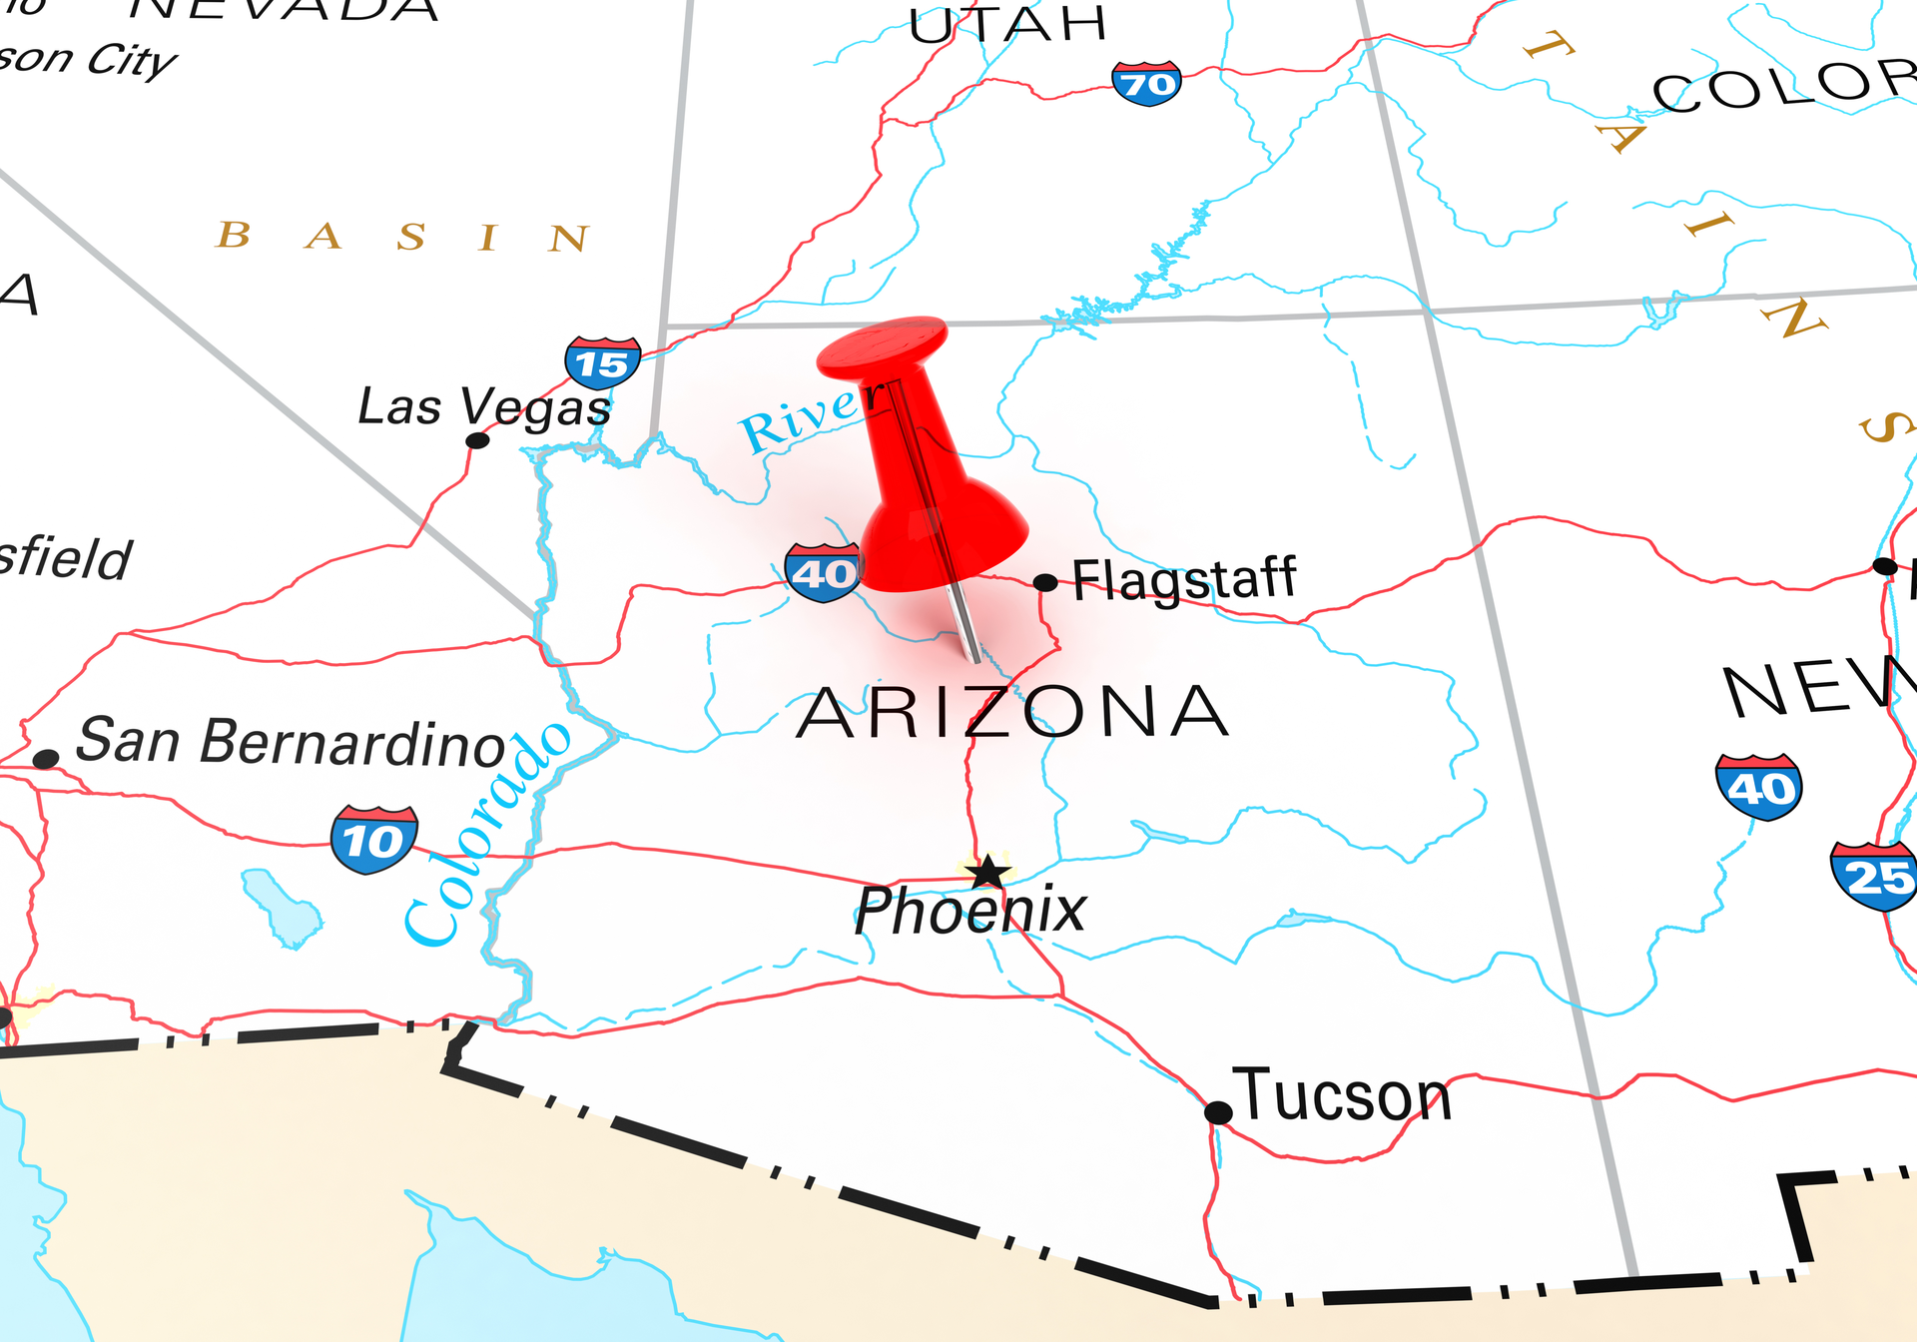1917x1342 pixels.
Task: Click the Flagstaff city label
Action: tap(1184, 580)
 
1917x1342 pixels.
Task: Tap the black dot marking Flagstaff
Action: tap(1044, 582)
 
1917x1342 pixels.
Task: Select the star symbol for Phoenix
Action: tap(988, 872)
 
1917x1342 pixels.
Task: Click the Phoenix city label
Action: tap(970, 910)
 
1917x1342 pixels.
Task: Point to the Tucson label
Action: tap(1343, 1096)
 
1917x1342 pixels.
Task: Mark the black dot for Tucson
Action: tap(1218, 1112)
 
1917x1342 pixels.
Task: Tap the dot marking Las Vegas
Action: tap(478, 440)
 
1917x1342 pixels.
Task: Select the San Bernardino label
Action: tap(291, 742)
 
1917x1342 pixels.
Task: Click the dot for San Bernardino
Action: tap(45, 759)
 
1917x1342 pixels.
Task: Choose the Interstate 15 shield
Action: tap(602, 363)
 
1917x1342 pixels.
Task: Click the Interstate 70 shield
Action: tap(1146, 84)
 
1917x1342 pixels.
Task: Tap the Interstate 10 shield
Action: tap(373, 840)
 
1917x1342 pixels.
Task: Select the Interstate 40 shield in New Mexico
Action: tap(1758, 787)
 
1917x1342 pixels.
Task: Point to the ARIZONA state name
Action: tap(1012, 713)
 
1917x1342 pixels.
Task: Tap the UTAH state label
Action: tap(1008, 24)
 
